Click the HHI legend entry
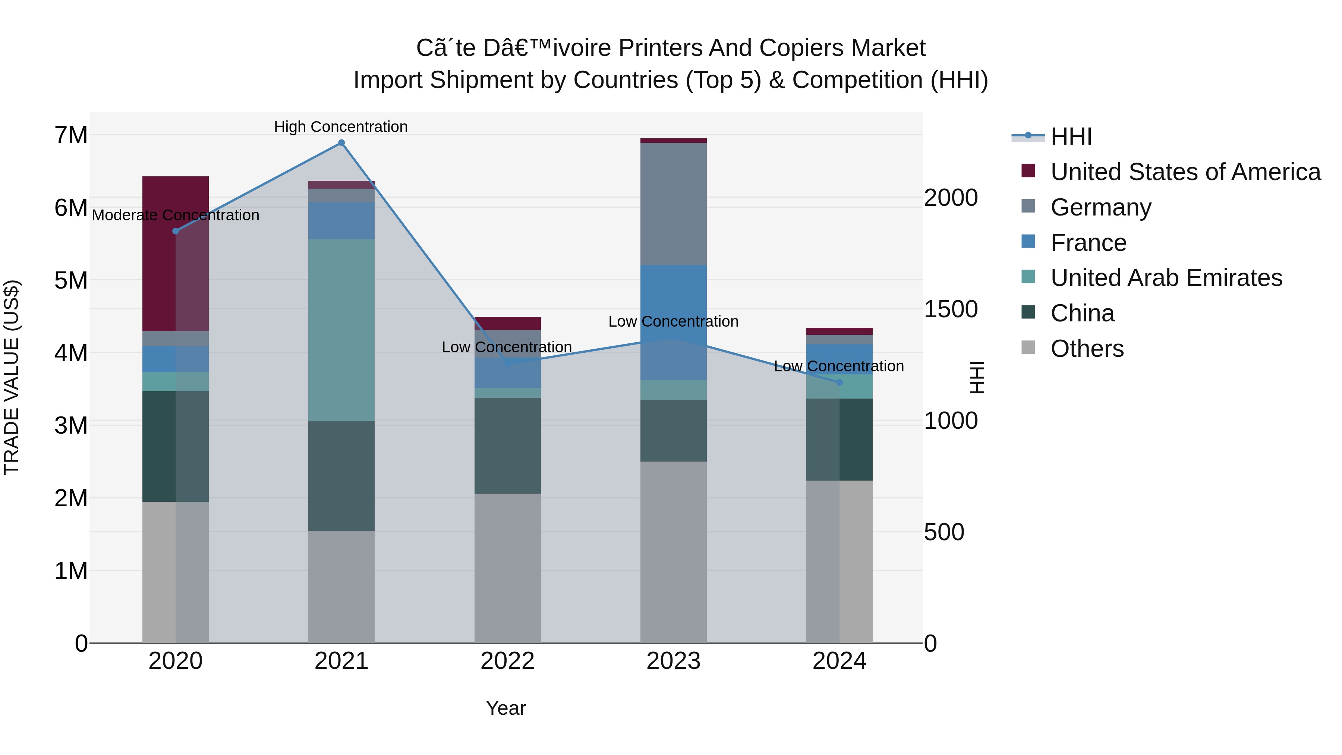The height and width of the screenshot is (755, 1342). click(x=1071, y=136)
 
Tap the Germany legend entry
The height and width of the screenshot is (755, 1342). click(x=1100, y=207)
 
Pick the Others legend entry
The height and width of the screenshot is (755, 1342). click(x=1087, y=349)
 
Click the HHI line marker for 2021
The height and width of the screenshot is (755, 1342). click(x=341, y=143)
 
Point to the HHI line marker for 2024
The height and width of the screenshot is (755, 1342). click(x=839, y=383)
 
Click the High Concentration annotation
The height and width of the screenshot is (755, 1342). click(x=341, y=127)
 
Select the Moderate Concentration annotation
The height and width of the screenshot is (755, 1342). click(x=176, y=215)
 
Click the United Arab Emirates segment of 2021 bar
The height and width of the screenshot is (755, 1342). click(x=341, y=330)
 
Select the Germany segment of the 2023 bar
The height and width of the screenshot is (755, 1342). click(x=673, y=204)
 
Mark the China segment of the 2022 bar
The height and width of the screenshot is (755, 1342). click(x=507, y=446)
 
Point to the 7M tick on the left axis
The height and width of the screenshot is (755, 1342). click(x=71, y=135)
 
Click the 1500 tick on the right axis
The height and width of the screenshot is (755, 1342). click(x=951, y=309)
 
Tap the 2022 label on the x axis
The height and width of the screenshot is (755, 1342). click(x=507, y=661)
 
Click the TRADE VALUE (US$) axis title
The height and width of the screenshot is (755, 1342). click(x=12, y=377)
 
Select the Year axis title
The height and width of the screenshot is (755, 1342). click(x=506, y=708)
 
